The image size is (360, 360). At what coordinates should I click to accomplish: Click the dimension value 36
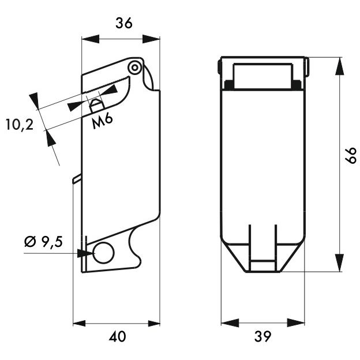coord(124,23)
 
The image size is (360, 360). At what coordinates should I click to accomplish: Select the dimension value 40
coord(117,336)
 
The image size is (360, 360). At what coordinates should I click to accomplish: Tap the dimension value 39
coord(262,336)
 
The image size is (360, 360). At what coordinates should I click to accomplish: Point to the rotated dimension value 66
coord(351,155)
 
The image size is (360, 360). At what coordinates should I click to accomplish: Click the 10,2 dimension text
coord(20,125)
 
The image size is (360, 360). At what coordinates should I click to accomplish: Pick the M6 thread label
coord(102,121)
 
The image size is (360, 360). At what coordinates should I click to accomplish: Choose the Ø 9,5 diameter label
coord(43,242)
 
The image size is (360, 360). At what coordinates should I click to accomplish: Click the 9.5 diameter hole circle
coord(104,252)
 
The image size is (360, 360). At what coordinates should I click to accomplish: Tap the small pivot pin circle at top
coord(135,67)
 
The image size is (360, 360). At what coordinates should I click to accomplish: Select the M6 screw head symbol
coord(97,106)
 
